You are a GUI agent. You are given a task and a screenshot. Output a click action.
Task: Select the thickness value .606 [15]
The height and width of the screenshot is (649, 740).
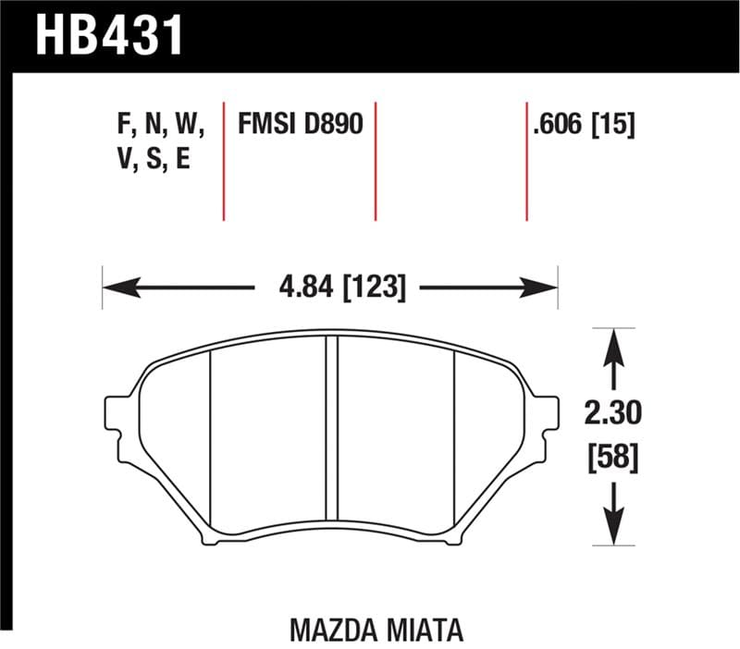coord(583,124)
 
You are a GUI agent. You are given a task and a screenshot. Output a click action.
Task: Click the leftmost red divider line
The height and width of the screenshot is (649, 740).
coord(225,157)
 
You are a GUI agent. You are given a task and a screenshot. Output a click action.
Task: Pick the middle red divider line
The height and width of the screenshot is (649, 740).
coord(376,157)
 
